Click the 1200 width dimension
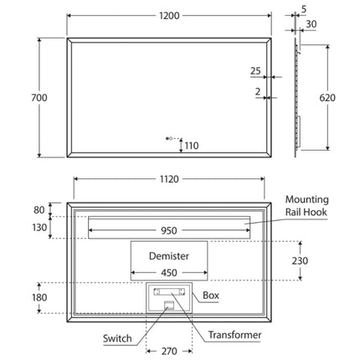pos(169,16)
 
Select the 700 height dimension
pos(39,98)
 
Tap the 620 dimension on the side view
pos(327,98)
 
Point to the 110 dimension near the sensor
pos(192,146)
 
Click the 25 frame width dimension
pos(255,71)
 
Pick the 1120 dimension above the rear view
pos(169,179)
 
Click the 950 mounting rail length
pos(169,230)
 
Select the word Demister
pos(169,256)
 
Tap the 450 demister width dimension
pos(169,272)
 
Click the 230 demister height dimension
pos(300,260)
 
